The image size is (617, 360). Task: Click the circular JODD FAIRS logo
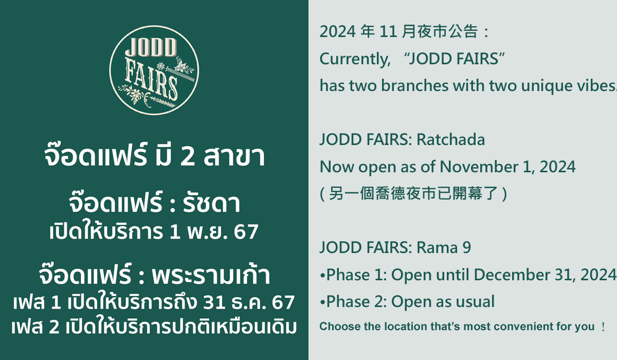154,70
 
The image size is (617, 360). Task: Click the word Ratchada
450,139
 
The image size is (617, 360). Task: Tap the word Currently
355,60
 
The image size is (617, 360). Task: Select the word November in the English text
479,167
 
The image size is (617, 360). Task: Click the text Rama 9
444,247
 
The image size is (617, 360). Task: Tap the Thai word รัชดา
211,204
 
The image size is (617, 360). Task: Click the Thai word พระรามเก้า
211,275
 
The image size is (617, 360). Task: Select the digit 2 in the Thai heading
187,156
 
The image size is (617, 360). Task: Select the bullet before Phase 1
322,276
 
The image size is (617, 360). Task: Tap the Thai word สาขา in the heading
234,156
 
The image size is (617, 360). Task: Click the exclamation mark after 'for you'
603,327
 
